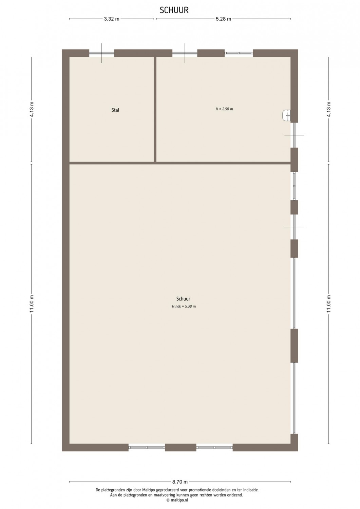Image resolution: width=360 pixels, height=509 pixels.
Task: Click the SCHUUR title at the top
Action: click(x=174, y=10)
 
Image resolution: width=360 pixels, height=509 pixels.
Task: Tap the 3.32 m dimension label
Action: click(x=112, y=19)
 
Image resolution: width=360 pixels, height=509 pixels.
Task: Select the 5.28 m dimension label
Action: click(x=223, y=19)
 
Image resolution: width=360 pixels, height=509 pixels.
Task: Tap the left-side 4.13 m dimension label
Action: click(x=32, y=110)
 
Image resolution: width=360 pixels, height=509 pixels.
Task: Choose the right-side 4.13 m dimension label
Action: click(x=329, y=110)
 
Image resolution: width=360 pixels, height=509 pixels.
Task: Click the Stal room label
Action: click(x=115, y=110)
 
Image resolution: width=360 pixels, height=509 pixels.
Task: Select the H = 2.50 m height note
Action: click(x=224, y=109)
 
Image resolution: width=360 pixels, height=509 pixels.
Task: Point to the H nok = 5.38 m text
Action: click(x=184, y=306)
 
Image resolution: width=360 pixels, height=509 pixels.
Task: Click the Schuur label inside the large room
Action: click(x=183, y=299)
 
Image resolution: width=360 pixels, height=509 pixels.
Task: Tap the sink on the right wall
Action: click(x=287, y=115)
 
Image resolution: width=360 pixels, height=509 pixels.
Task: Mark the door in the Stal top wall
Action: click(x=101, y=53)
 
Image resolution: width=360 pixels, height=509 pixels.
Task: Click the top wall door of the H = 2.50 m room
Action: click(x=185, y=53)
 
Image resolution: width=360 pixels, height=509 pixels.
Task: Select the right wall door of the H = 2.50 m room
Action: click(x=294, y=135)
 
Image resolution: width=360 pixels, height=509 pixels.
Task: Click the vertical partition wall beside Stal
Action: click(x=155, y=109)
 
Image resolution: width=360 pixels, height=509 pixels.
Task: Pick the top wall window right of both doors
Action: click(x=239, y=53)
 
